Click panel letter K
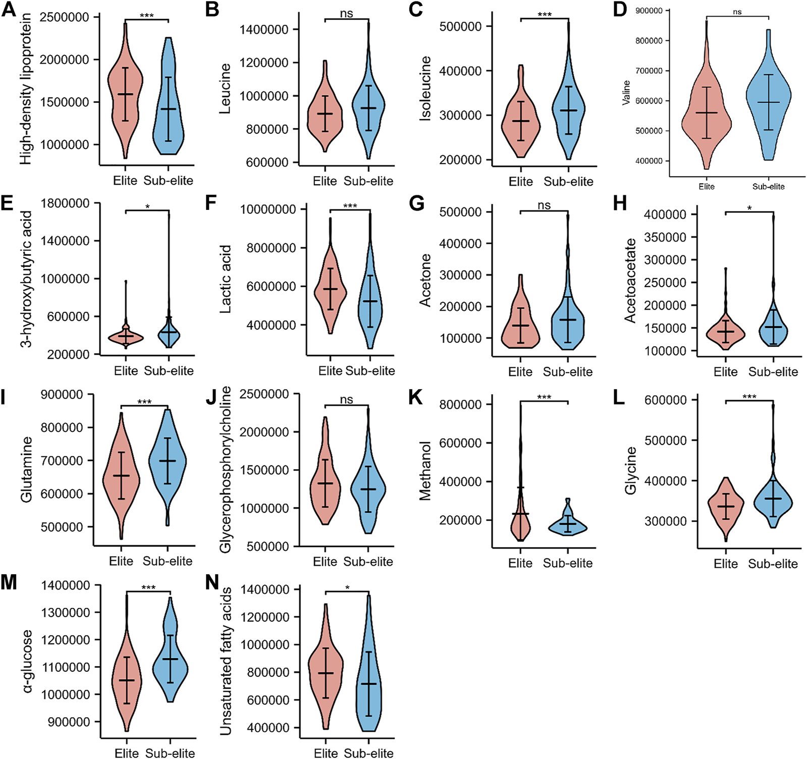415,397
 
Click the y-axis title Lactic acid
226,279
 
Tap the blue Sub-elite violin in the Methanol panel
568,525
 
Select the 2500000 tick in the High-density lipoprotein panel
64,17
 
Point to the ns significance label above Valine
737,12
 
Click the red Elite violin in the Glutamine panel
121,479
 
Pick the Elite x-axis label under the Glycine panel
725,564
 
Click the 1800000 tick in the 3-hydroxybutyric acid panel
65,203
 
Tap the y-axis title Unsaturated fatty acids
226,661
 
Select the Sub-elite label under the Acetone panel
568,372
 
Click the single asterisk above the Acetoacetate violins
749,208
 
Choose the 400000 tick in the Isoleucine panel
460,71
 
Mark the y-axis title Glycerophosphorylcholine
226,469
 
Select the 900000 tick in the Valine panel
649,11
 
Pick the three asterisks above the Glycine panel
749,397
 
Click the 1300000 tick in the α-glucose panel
66,613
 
